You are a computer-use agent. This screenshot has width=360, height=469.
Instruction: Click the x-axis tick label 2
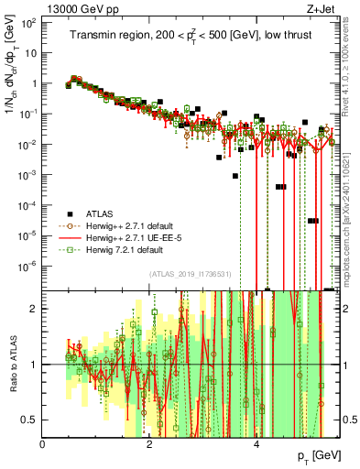tap(150, 444)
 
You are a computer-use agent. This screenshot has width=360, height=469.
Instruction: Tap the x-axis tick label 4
tap(256, 444)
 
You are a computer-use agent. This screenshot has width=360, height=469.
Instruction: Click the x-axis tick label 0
tap(43, 444)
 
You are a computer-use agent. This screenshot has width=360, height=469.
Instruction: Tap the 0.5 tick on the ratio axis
tap(32, 420)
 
